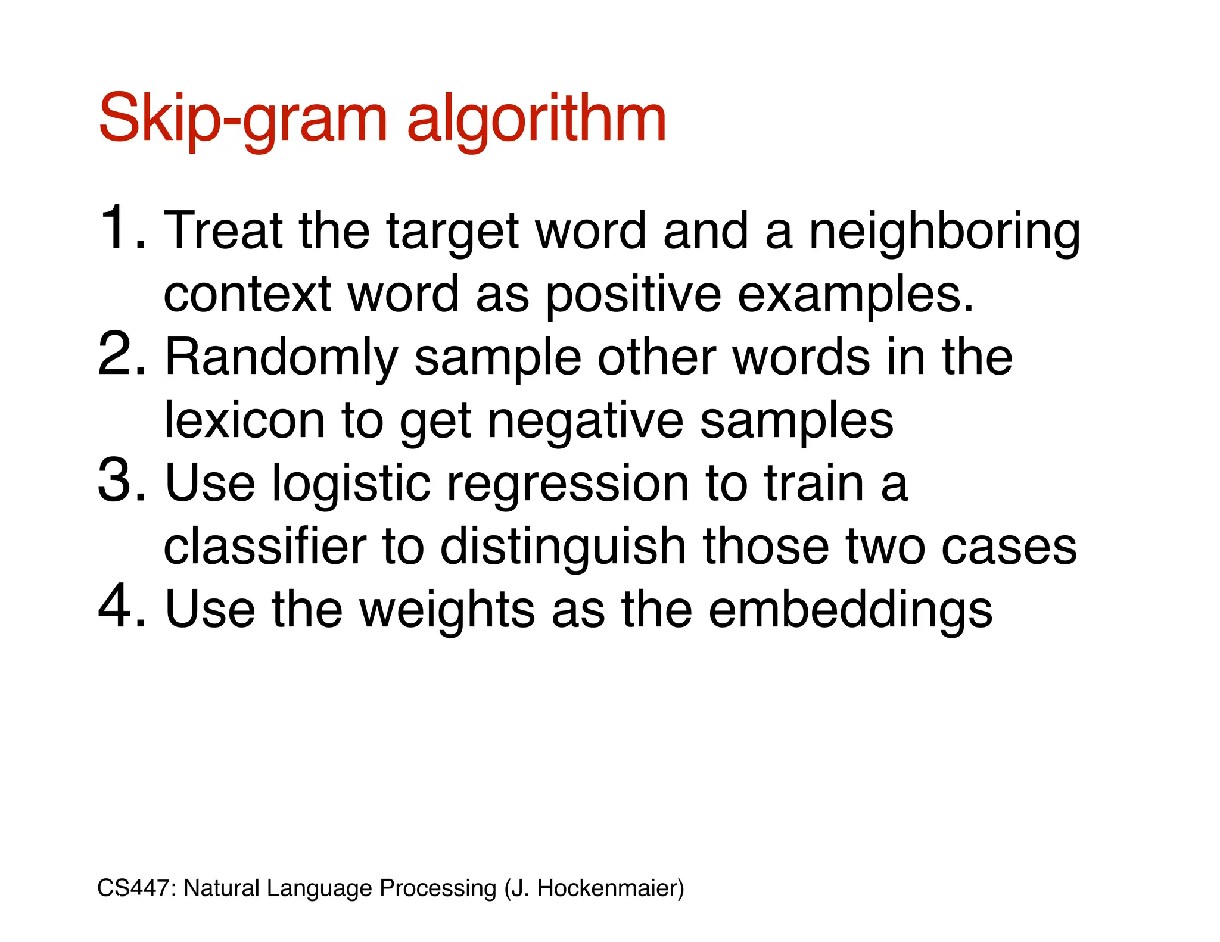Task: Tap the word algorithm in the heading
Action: tap(536, 119)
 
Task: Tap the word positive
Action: tap(633, 295)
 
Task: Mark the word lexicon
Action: tap(244, 420)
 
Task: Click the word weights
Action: tap(447, 611)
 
